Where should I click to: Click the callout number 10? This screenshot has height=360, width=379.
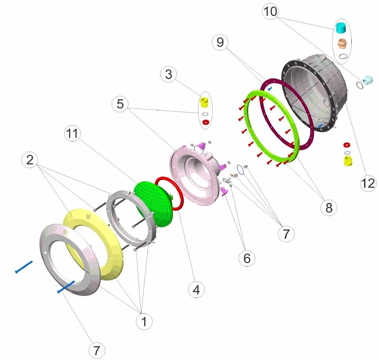(x=270, y=11)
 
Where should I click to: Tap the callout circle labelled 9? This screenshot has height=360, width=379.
(x=220, y=42)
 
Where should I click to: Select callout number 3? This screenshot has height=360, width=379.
(x=168, y=74)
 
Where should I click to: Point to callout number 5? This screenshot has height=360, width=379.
(x=120, y=104)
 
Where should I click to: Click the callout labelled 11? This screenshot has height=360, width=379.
(x=72, y=133)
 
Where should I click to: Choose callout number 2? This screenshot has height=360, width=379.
(x=30, y=160)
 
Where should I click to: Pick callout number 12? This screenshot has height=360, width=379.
(x=368, y=183)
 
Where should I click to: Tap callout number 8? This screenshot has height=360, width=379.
(x=329, y=207)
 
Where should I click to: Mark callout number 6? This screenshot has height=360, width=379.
(x=247, y=258)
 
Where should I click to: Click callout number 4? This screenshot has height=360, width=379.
(x=196, y=290)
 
